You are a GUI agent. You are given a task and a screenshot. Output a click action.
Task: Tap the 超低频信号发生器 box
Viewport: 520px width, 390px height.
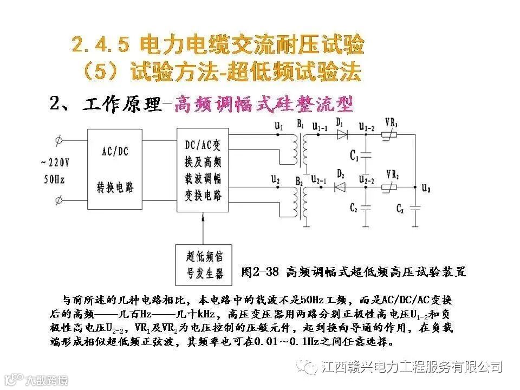pyautogui.click(x=204, y=265)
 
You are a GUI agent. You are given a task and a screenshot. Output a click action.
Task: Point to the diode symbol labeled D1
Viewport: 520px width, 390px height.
pyautogui.click(x=342, y=135)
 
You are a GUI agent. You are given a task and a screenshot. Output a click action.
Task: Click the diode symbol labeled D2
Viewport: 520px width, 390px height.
pyautogui.click(x=341, y=187)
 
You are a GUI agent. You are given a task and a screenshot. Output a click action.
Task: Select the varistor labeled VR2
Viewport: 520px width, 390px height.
pyautogui.click(x=390, y=187)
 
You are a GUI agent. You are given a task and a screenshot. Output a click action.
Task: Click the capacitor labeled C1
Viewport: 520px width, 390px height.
pyautogui.click(x=366, y=155)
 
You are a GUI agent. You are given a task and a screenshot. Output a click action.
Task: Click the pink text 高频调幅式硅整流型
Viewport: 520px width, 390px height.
pyautogui.click(x=263, y=103)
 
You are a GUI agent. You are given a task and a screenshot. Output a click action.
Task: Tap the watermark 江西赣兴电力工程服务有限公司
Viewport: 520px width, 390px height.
pyautogui.click(x=411, y=367)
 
